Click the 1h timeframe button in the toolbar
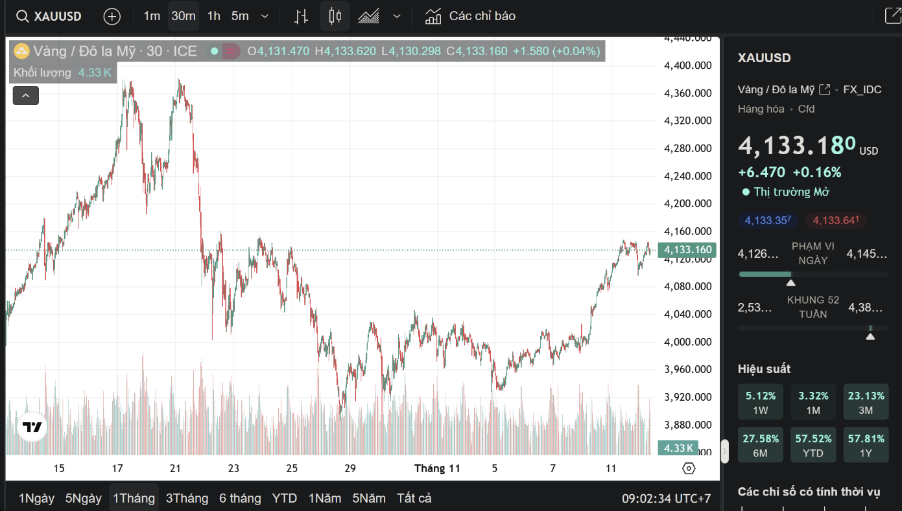click(214, 16)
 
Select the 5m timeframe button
click(240, 16)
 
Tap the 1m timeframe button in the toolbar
click(152, 16)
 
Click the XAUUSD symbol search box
click(49, 16)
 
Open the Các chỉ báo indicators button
click(471, 16)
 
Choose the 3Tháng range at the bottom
click(187, 498)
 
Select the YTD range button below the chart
click(284, 498)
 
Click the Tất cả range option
click(414, 498)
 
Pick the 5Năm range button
click(369, 498)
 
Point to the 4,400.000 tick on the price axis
click(687, 65)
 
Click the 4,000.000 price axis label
click(687, 342)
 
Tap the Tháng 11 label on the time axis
click(437, 468)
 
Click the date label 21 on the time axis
click(175, 468)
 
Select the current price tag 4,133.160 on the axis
click(687, 250)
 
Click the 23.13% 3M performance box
click(866, 402)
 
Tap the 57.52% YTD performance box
click(813, 445)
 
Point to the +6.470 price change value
click(761, 172)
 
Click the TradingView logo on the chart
click(32, 427)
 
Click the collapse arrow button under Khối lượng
click(26, 96)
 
